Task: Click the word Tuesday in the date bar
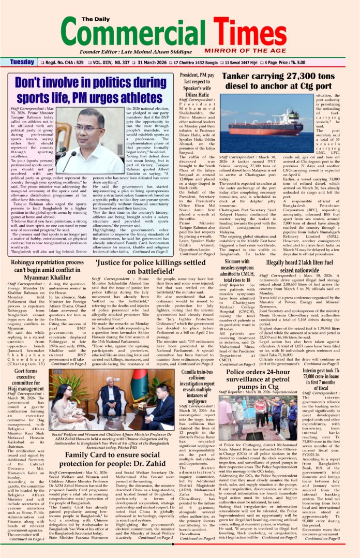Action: tap(22, 62)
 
